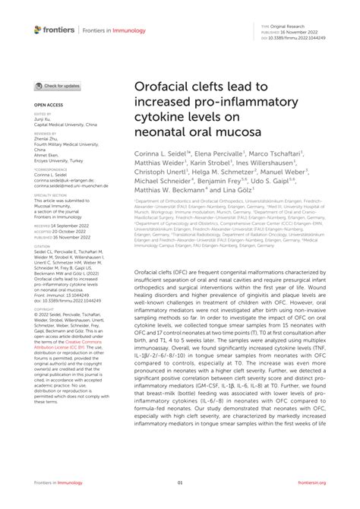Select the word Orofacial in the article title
click(163, 89)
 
